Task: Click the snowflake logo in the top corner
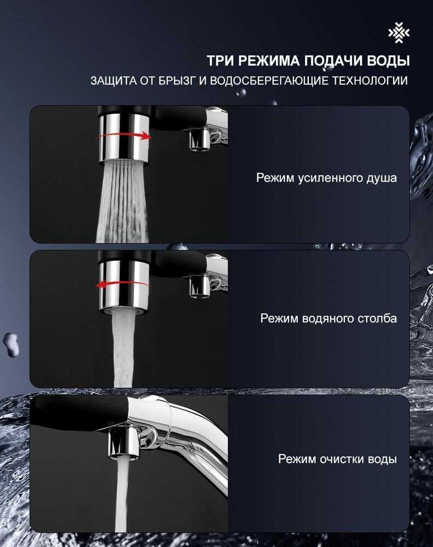[399, 33]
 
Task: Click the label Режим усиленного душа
[326, 178]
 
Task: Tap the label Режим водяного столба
[328, 318]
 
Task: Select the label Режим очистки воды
[337, 459]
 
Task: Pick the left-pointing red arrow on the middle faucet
[123, 284]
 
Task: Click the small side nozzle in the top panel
[200, 139]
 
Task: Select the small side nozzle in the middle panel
[200, 286]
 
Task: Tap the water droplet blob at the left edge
[10, 344]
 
